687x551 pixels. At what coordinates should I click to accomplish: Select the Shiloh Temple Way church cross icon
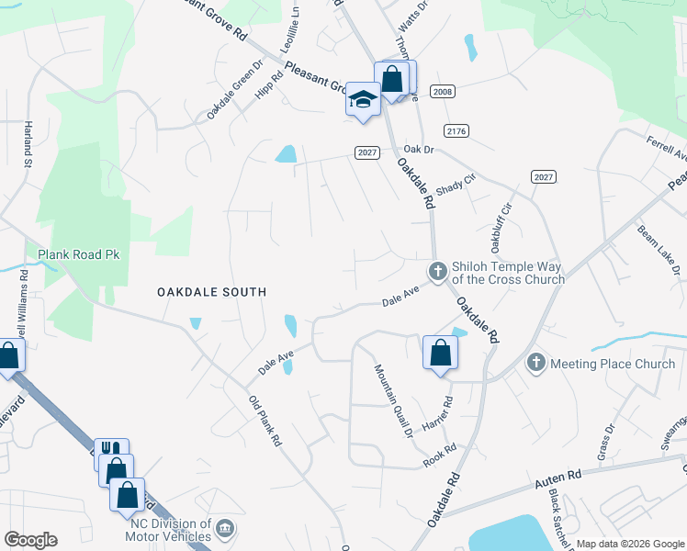[437, 271]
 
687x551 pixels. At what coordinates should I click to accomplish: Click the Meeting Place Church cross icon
[536, 364]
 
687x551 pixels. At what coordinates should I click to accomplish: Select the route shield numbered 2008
[443, 92]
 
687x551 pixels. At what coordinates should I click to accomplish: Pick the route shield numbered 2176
[456, 131]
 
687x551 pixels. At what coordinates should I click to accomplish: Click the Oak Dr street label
[417, 148]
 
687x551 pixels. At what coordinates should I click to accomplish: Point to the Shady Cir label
[456, 185]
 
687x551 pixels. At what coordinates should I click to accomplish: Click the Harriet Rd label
[439, 416]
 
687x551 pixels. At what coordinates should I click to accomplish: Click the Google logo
[30, 540]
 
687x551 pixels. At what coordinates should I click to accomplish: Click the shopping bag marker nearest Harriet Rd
[440, 353]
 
